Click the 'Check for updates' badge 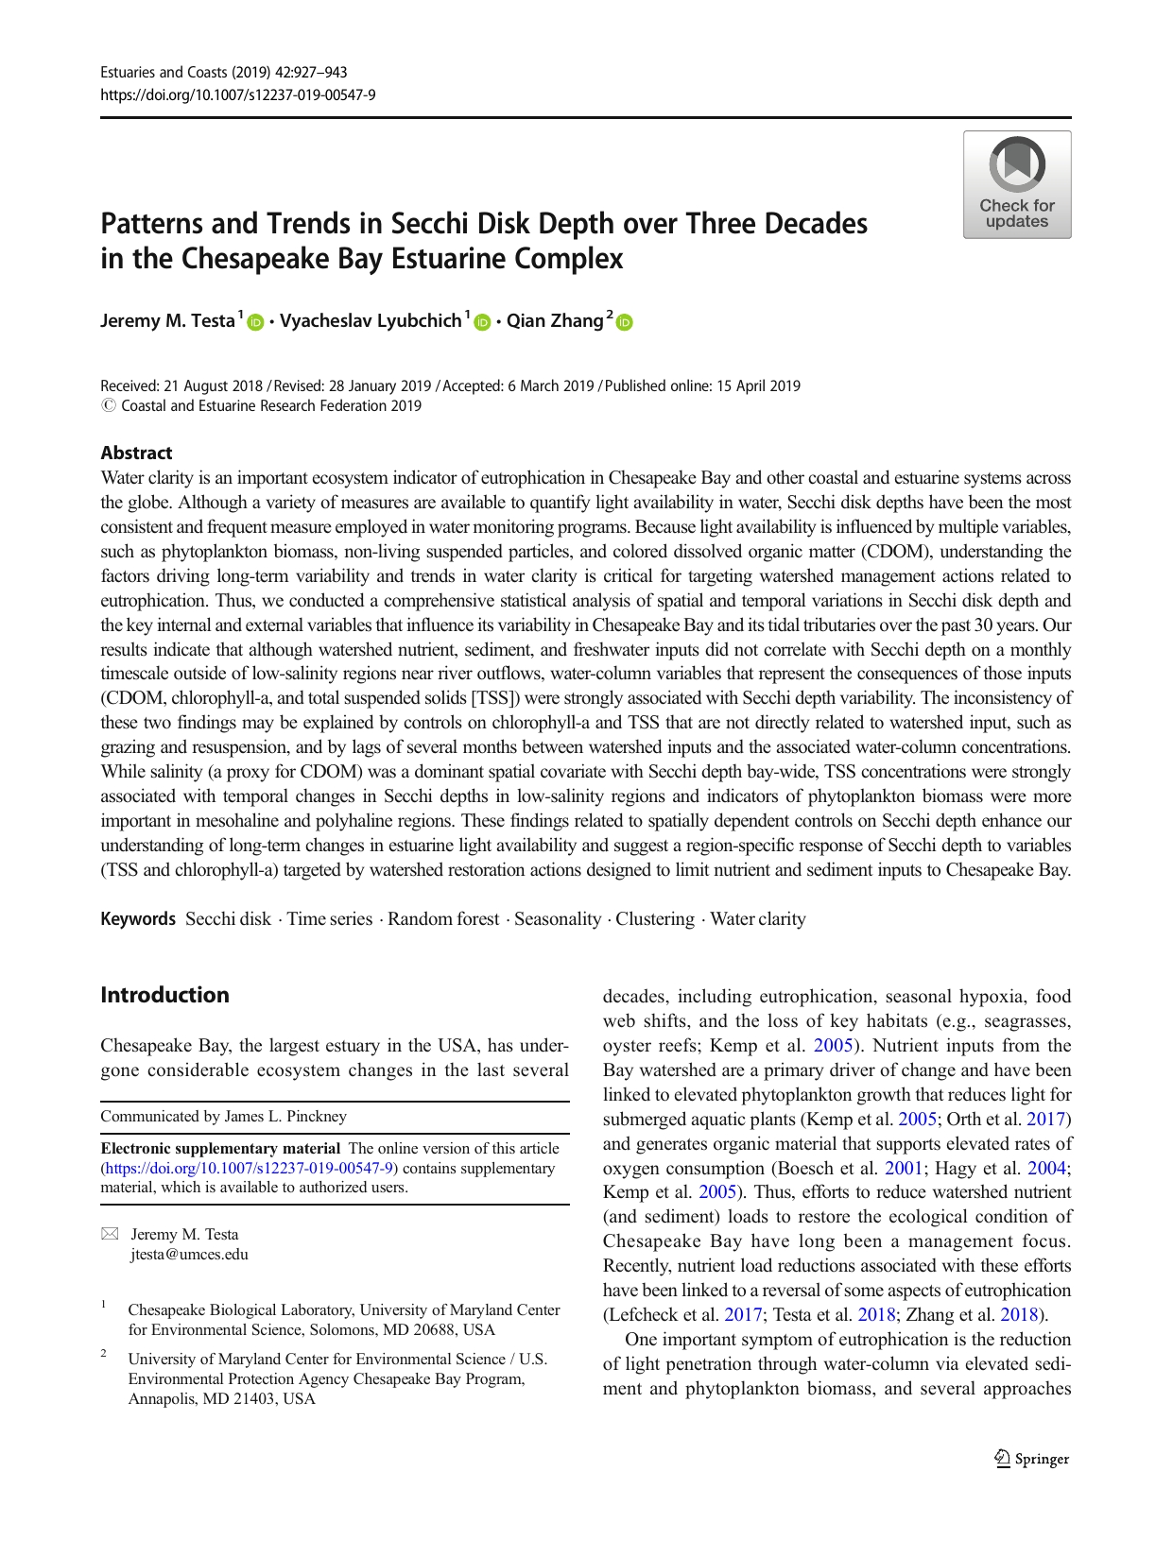(1016, 185)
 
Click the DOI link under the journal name (238, 94)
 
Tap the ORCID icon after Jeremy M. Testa (255, 322)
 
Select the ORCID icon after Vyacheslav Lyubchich (482, 322)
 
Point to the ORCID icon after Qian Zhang (624, 322)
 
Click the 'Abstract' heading (136, 453)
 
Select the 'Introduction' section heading (164, 995)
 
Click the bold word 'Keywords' (138, 919)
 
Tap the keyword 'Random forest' (443, 919)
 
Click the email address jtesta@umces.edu (189, 1255)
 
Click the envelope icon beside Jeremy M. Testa (111, 1234)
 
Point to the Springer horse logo (1003, 1459)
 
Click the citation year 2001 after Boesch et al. (904, 1169)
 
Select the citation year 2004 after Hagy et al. (1047, 1169)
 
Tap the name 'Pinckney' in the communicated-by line (317, 1117)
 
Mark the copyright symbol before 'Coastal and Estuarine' (108, 406)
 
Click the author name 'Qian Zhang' (555, 321)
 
